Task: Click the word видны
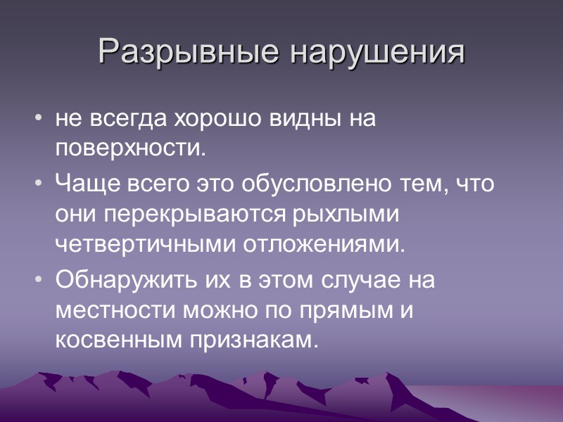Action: click(x=303, y=119)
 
